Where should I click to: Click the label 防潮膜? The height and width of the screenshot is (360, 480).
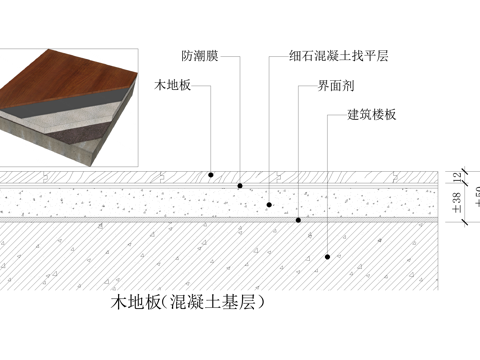pyautogui.click(x=201, y=57)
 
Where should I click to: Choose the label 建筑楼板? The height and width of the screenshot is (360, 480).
pyautogui.click(x=372, y=115)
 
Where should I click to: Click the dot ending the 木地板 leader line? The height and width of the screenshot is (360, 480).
pyautogui.click(x=212, y=175)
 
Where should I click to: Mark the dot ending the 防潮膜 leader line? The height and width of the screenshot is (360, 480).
pyautogui.click(x=240, y=184)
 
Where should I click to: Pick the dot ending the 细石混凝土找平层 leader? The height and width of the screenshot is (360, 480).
pyautogui.click(x=270, y=203)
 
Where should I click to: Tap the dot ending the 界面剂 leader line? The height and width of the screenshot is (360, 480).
pyautogui.click(x=299, y=219)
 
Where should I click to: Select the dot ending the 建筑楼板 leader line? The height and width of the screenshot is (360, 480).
pyautogui.click(x=328, y=257)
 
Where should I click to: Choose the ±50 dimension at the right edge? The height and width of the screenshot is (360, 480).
pyautogui.click(x=475, y=196)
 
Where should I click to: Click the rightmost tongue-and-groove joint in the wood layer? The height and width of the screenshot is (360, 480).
pyautogui.click(x=397, y=176)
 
